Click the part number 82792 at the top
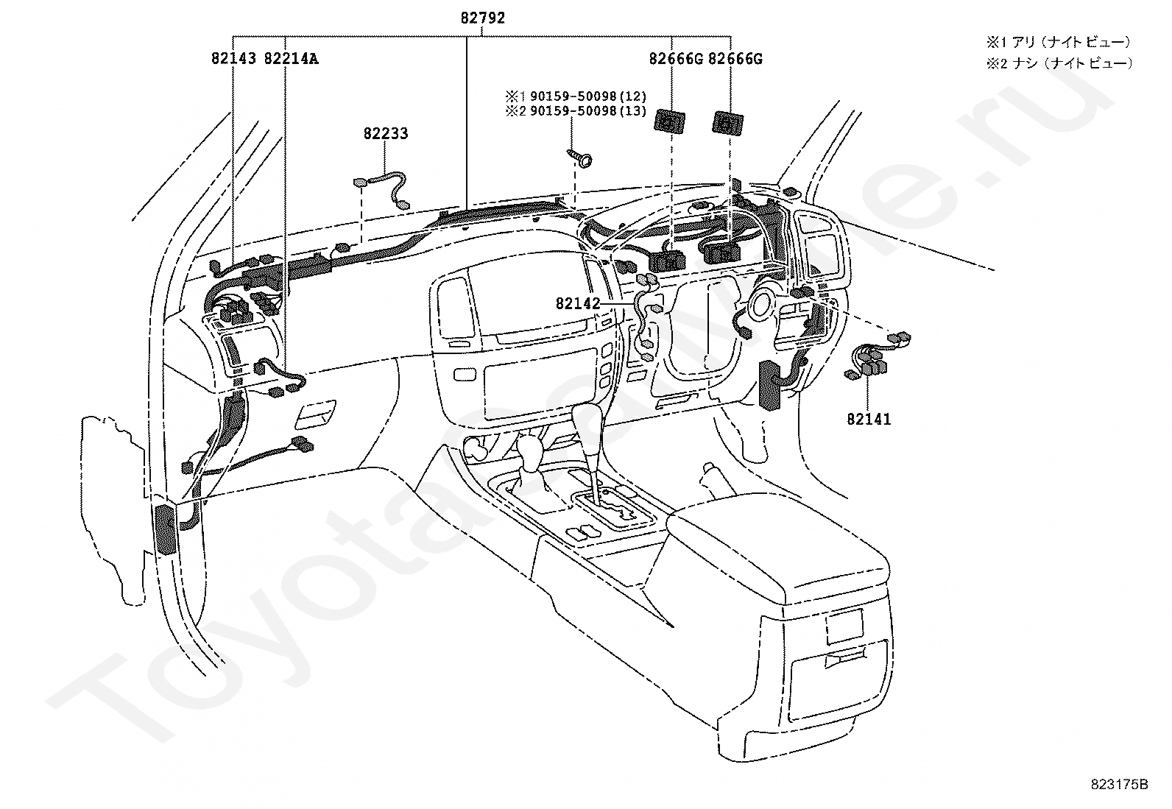pyautogui.click(x=483, y=18)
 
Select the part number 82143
pyautogui.click(x=233, y=58)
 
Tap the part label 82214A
pyautogui.click(x=291, y=58)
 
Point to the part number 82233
pyautogui.click(x=385, y=134)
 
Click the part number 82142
pyautogui.click(x=578, y=303)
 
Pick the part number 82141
pyautogui.click(x=869, y=420)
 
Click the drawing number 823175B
pyautogui.click(x=1120, y=784)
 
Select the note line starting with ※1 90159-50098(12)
pyautogui.click(x=574, y=96)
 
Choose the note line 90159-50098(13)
pyautogui.click(x=574, y=111)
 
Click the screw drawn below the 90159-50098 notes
pyautogui.click(x=581, y=158)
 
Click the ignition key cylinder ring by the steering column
pyautogui.click(x=760, y=302)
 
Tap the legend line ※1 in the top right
pyautogui.click(x=1059, y=43)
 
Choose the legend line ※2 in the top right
pyautogui.click(x=1059, y=63)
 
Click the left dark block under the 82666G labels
pyautogui.click(x=668, y=120)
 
